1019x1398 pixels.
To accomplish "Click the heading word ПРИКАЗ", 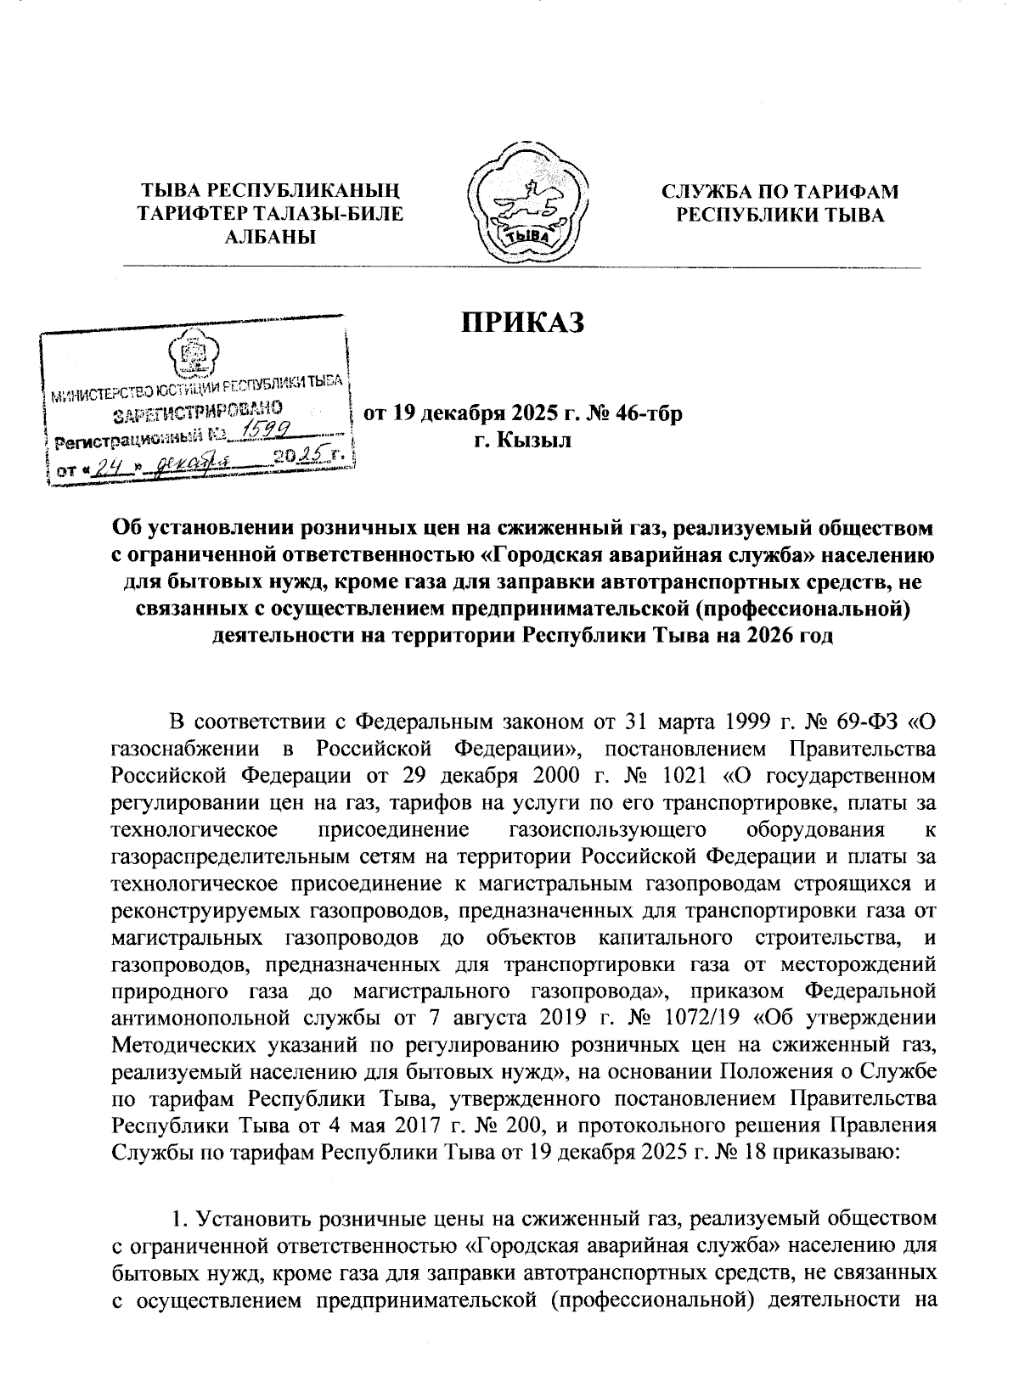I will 524,323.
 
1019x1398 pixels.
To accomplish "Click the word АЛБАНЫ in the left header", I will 270,237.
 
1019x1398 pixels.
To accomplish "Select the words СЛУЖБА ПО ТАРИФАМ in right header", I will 780,193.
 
